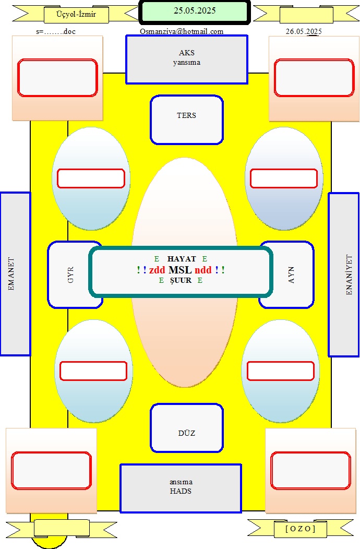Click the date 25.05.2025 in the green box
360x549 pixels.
(195, 10)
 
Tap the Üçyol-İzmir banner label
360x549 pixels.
(76, 15)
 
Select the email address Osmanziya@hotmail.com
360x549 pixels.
(182, 31)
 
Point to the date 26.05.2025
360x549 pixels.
(304, 31)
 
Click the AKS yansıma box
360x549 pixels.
(187, 59)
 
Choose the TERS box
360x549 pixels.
(187, 120)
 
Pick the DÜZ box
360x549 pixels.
(187, 428)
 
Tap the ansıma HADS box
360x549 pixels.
(181, 488)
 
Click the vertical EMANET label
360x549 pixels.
(11, 274)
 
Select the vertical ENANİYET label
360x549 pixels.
(349, 274)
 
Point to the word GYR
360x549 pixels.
(70, 275)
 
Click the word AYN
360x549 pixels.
(291, 275)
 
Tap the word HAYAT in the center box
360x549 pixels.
(182, 259)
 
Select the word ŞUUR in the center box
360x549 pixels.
(181, 280)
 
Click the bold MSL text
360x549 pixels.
(180, 270)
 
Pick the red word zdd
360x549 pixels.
(157, 270)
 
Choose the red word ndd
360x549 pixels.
(203, 270)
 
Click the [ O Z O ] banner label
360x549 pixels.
(301, 529)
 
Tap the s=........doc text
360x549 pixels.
(56, 31)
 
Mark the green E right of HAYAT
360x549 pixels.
(205, 259)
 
